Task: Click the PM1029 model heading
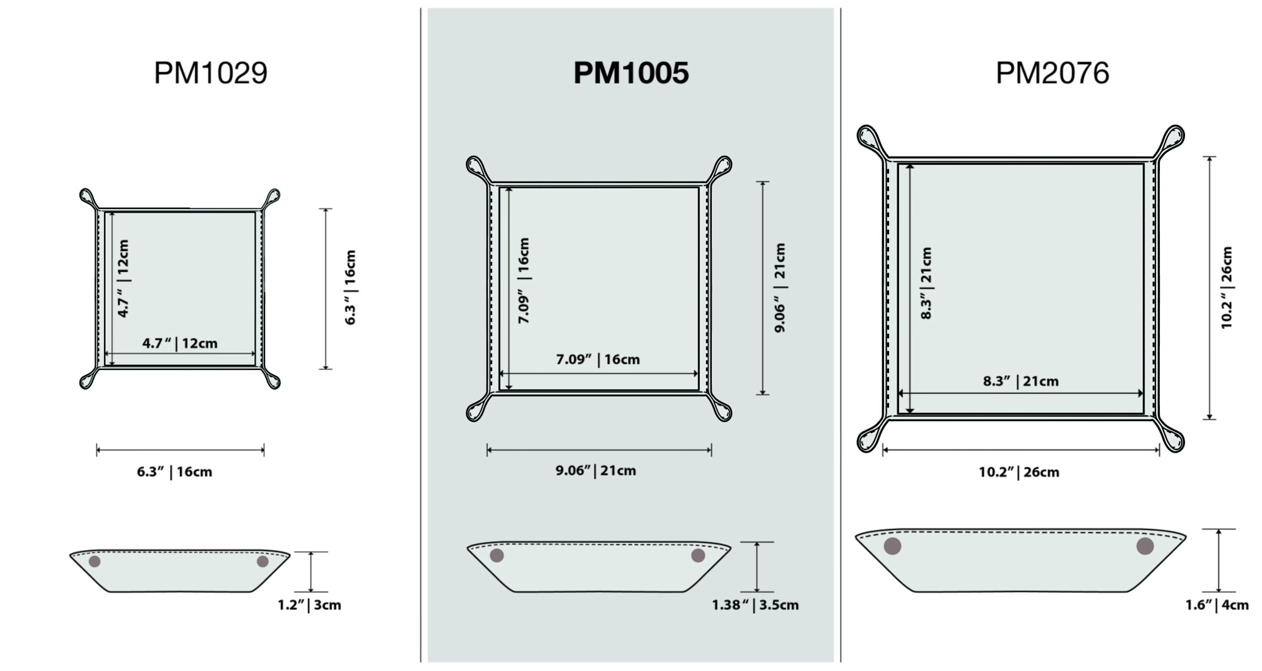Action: pos(211,73)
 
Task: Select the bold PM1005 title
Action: pos(631,73)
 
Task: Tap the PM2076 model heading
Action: pos(1052,73)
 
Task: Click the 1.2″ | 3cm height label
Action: pos(309,605)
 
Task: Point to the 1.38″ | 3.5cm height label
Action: pos(755,605)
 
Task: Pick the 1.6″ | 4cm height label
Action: pos(1217,605)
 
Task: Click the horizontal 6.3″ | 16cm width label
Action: pos(175,472)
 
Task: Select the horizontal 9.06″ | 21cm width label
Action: pos(596,470)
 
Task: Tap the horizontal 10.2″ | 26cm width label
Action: pos(1018,472)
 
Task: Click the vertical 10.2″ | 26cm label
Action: pos(1226,287)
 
